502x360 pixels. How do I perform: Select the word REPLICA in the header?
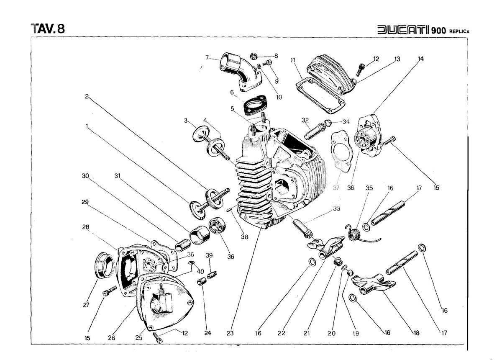coord(459,31)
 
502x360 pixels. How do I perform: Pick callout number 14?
coord(420,59)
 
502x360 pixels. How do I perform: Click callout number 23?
coord(230,333)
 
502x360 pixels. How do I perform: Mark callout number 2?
coord(87,96)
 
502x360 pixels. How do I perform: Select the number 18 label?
coord(416,333)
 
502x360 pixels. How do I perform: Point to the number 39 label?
coord(209,256)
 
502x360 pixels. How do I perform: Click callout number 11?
coord(293,60)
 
